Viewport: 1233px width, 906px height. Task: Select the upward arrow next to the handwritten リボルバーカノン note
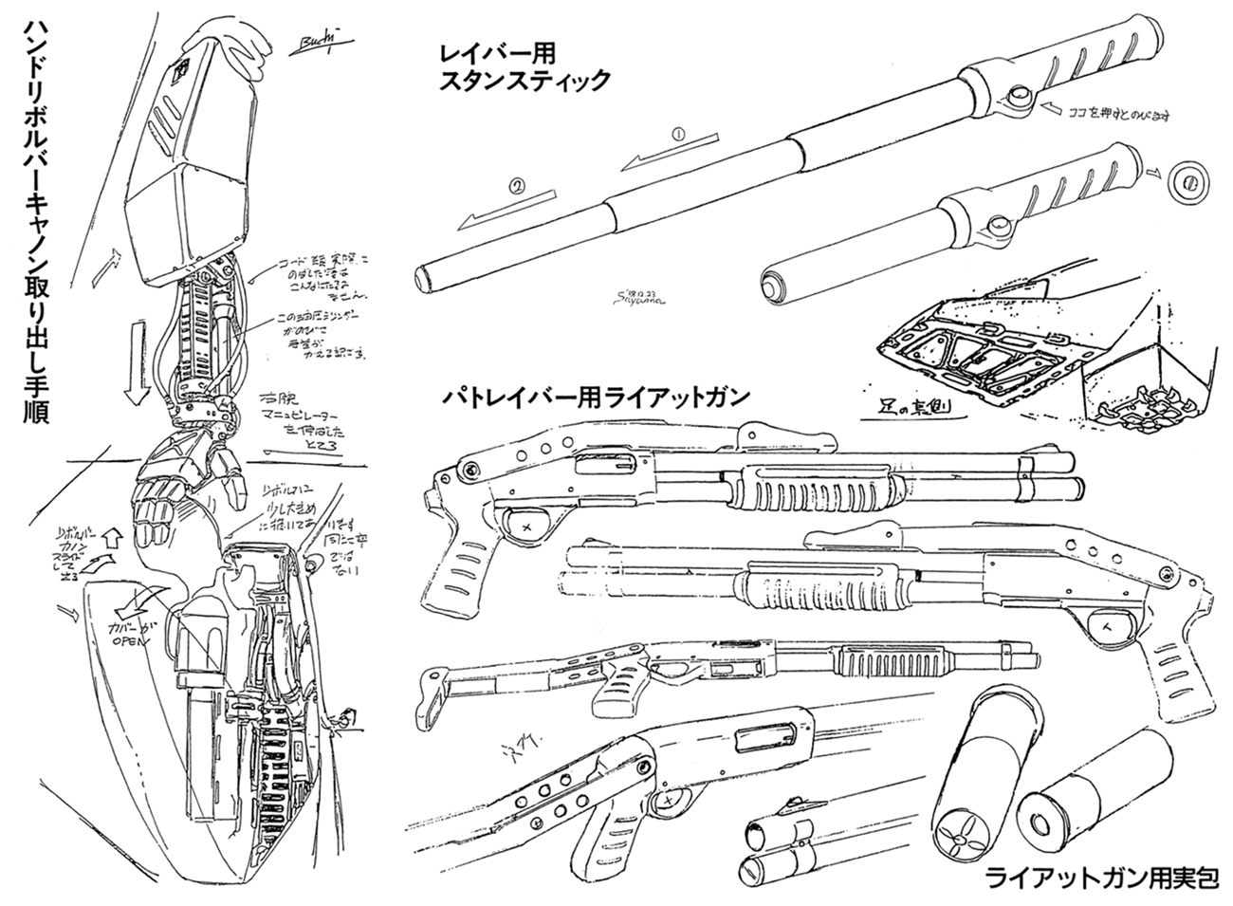[x=109, y=537]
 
